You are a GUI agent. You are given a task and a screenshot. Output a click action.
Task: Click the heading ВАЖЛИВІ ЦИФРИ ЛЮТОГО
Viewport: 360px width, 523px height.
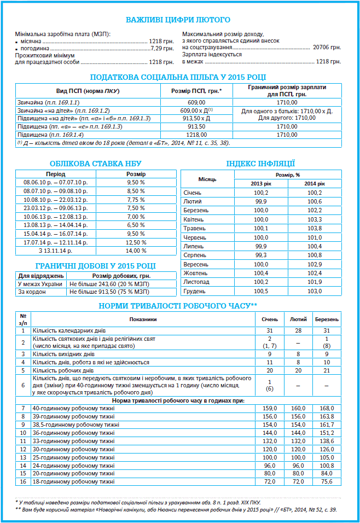point(178,20)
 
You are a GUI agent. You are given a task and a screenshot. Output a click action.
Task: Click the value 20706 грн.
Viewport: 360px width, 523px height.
point(327,48)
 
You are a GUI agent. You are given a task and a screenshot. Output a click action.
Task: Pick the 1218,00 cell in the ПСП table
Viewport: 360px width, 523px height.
point(196,134)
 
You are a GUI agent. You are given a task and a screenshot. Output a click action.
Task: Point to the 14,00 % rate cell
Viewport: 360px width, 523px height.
point(136,251)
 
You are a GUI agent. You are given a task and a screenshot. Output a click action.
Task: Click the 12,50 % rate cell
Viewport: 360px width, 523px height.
point(136,242)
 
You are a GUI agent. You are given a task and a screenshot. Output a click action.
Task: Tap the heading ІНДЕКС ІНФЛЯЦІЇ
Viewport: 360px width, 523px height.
point(261,163)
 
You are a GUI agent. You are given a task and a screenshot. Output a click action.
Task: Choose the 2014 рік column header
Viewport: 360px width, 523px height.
point(314,183)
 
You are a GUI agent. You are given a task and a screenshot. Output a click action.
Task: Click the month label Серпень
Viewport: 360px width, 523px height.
point(195,255)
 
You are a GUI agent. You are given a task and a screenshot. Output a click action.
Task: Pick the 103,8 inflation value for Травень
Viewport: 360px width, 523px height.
point(314,229)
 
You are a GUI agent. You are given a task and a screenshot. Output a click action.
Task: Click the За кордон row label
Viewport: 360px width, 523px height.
point(32,292)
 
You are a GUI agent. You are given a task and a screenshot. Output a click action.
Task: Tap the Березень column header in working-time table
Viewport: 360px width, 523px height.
point(327,319)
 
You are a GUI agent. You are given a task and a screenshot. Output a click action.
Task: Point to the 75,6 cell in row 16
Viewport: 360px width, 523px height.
point(327,481)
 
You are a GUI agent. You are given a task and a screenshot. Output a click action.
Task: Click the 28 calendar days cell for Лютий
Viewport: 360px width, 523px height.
point(298,331)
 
